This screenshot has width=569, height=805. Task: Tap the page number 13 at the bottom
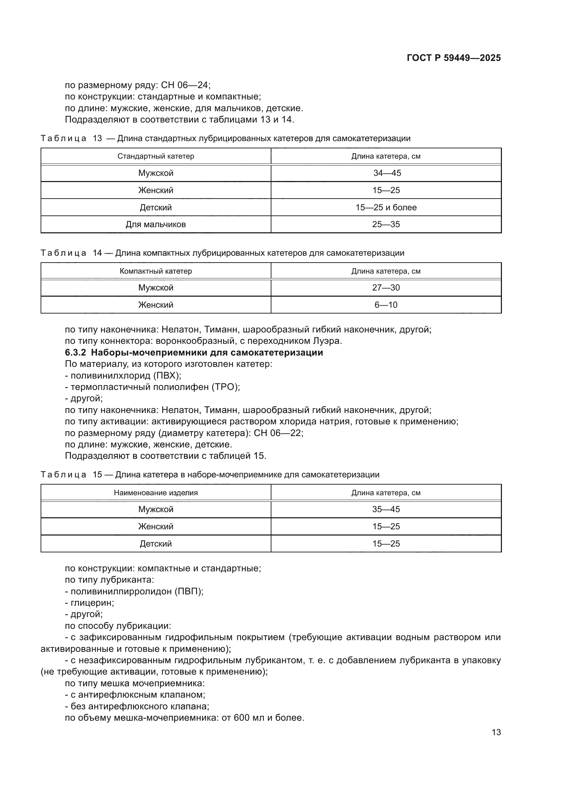[496, 732]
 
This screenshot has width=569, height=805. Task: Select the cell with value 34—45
[386, 173]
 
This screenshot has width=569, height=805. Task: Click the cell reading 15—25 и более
[386, 207]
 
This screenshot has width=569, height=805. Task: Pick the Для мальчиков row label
[155, 224]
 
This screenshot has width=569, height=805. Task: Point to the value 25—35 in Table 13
[386, 224]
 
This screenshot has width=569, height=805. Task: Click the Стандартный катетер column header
[155, 156]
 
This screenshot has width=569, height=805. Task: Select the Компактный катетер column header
[155, 271]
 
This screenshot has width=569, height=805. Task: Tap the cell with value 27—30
[386, 287]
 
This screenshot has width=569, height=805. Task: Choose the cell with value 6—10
[386, 305]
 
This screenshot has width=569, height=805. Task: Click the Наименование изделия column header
[155, 492]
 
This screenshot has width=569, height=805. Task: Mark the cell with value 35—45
[386, 509]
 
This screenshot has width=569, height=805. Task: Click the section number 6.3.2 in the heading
[75, 352]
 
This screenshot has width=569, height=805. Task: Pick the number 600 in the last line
[241, 718]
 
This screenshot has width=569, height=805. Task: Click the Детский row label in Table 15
[155, 543]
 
